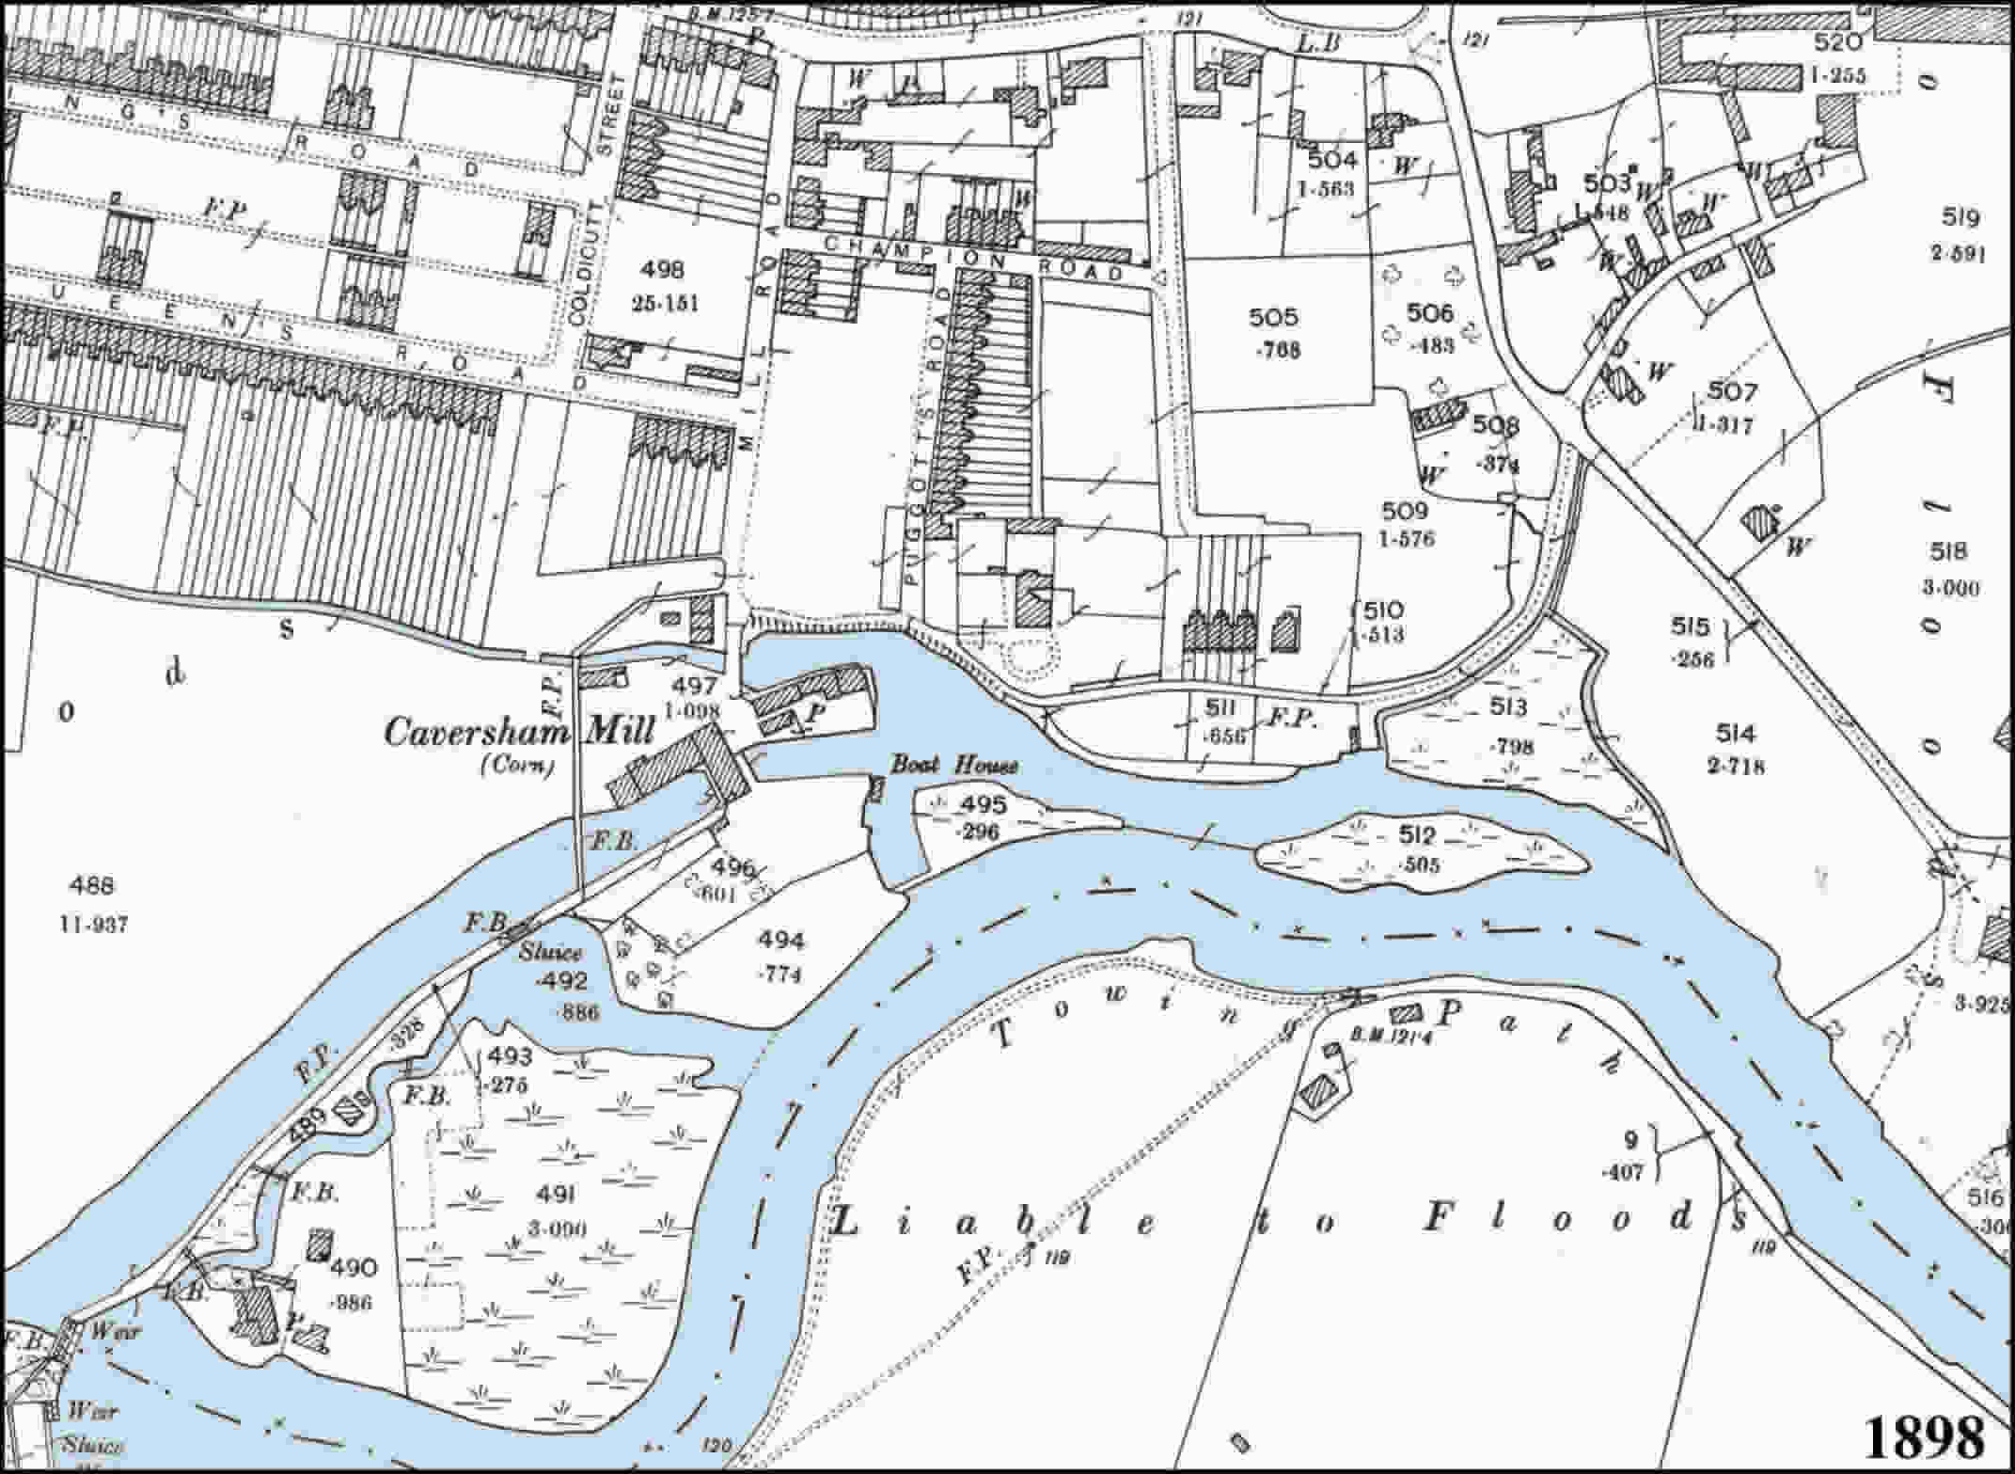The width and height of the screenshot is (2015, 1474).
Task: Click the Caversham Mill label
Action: pos(517,732)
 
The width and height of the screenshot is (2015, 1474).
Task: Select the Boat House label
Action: pos(953,765)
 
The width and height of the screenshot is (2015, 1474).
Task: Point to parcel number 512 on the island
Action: pos(1418,834)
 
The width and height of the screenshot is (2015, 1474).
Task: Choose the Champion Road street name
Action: pos(972,258)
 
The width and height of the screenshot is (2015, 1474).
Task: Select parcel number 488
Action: pos(92,884)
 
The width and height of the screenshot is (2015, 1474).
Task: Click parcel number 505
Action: pos(1274,318)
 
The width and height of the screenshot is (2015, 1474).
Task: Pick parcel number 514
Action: pos(1736,733)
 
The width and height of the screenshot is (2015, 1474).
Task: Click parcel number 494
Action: pos(781,940)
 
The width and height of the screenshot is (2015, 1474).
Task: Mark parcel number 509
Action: pos(1405,511)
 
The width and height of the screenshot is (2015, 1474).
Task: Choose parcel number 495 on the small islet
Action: pos(984,804)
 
